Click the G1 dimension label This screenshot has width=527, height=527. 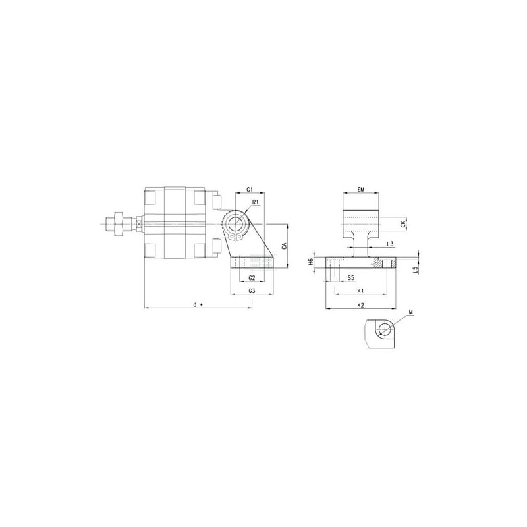point(250,190)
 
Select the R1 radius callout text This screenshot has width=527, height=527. point(256,202)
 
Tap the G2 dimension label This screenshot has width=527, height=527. point(252,277)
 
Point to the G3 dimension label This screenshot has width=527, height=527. point(252,291)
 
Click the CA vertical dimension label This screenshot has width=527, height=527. point(285,245)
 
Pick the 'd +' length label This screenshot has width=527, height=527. point(198,304)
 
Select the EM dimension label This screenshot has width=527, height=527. point(360,190)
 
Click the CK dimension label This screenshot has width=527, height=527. point(403,224)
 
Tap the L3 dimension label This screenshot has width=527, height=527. point(390,244)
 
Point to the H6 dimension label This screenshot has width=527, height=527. point(311,262)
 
